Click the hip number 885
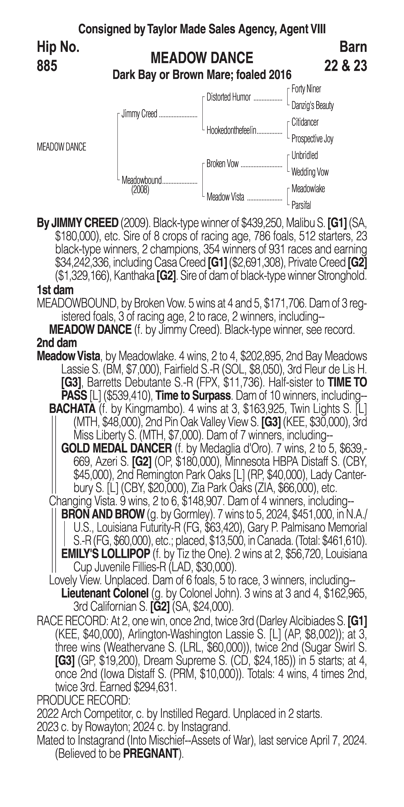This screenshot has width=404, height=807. (47, 66)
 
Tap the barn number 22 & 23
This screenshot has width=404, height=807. (345, 66)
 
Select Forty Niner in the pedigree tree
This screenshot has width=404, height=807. (306, 89)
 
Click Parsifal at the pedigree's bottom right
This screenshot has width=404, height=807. (301, 205)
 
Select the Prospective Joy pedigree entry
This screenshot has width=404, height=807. (312, 139)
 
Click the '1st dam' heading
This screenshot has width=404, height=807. (55, 290)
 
